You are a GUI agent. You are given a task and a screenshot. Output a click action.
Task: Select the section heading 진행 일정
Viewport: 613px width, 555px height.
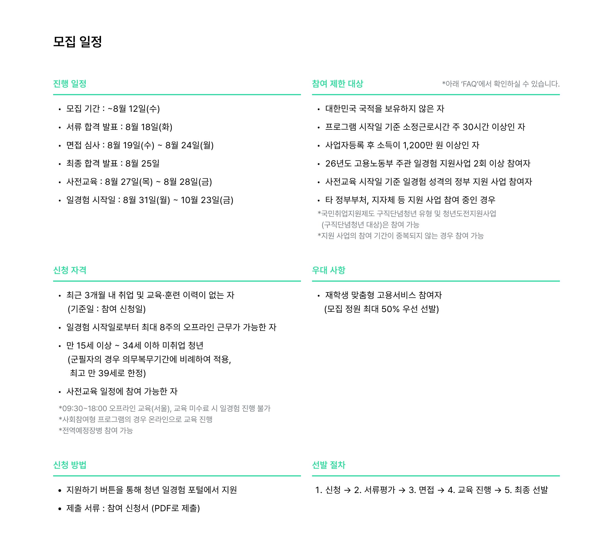[70, 84]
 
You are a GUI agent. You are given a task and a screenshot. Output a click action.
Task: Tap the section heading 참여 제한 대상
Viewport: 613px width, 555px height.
[337, 84]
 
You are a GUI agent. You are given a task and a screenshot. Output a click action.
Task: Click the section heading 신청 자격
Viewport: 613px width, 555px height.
[70, 270]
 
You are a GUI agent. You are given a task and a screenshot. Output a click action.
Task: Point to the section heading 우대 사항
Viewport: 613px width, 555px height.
[329, 270]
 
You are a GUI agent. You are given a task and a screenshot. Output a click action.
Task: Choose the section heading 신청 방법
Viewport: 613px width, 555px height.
[70, 465]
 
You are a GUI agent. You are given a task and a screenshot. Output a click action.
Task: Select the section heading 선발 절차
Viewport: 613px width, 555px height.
[329, 465]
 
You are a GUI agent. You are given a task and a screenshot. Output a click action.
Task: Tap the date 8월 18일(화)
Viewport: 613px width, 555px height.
[149, 127]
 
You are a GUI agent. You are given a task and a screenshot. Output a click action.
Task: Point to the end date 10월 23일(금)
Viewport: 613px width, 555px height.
[207, 200]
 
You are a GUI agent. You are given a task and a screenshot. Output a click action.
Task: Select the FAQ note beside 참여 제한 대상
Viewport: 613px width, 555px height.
[501, 84]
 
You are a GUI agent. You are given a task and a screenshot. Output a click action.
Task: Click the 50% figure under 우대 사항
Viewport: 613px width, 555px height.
[390, 309]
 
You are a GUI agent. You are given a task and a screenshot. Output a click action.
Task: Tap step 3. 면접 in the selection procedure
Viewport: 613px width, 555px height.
[422, 490]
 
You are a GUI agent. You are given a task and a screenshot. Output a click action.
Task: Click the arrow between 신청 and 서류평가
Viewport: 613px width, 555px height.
[347, 490]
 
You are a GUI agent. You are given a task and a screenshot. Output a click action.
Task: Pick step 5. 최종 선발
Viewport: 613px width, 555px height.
[526, 490]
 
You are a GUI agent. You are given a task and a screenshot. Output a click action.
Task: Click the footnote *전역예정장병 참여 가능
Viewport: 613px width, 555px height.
[96, 430]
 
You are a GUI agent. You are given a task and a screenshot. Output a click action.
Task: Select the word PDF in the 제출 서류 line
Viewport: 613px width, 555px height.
[163, 508]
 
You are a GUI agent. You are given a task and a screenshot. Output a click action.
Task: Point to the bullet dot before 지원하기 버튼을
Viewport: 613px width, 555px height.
[59, 490]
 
